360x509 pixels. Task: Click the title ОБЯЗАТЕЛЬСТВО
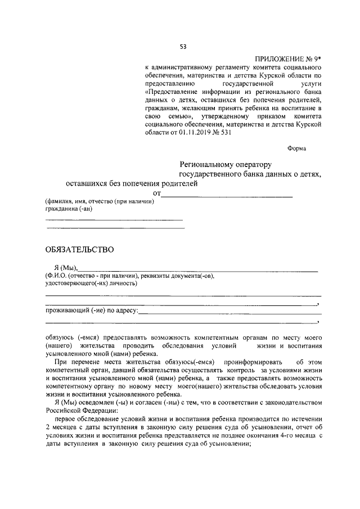click(x=79, y=249)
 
